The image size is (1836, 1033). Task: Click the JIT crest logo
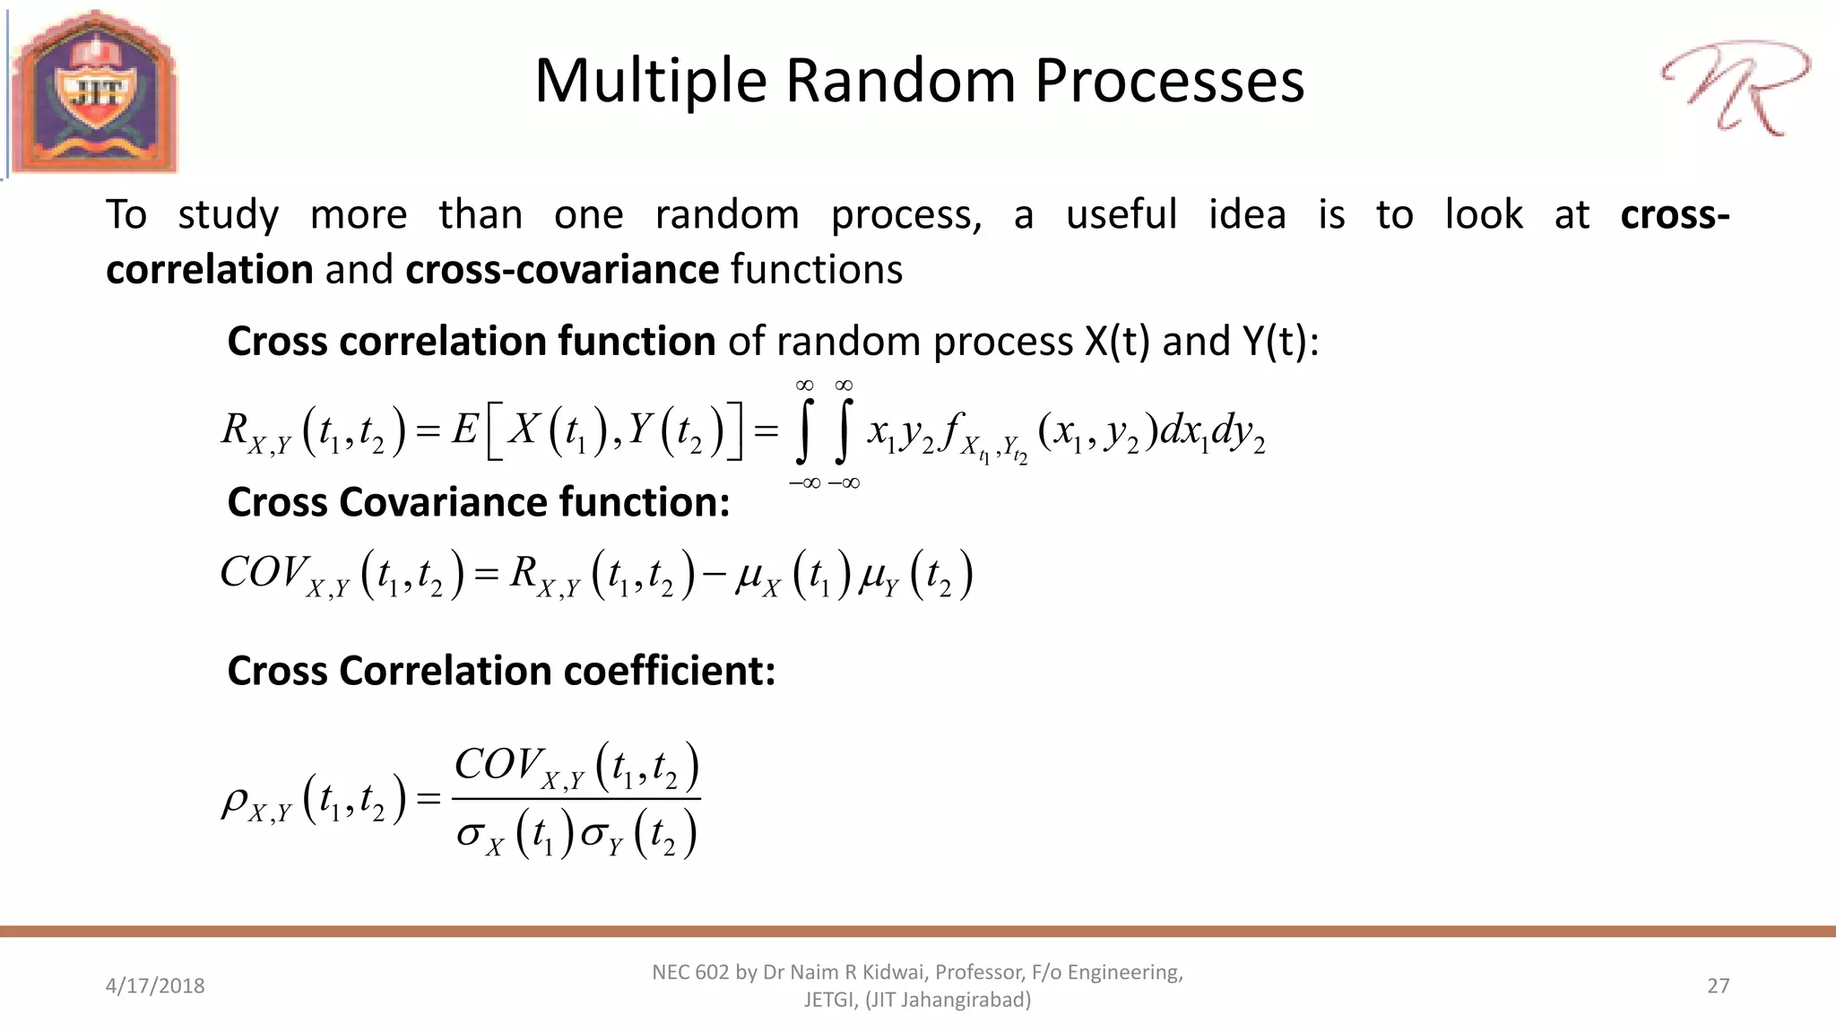95,91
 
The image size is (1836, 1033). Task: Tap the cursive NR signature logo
1736,88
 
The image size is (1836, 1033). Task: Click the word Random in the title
901,81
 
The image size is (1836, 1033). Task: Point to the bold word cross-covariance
562,269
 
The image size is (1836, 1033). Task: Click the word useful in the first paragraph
1121,215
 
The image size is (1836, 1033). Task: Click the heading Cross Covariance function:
479,502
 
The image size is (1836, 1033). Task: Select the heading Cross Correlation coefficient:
501,671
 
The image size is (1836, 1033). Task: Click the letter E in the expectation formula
464,430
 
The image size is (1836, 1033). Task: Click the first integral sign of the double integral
804,433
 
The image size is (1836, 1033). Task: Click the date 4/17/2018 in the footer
155,985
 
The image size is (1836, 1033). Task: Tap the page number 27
1718,985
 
